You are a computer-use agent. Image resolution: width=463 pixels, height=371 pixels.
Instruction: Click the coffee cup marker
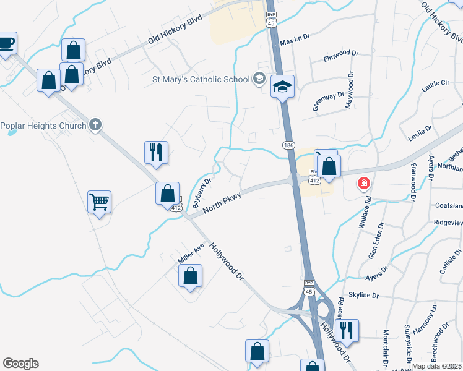(6, 43)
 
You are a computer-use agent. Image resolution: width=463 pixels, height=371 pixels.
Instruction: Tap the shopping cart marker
(99, 202)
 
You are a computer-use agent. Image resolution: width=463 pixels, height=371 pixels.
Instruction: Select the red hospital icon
(364, 184)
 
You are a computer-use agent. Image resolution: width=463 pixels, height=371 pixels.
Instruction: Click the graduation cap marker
(282, 87)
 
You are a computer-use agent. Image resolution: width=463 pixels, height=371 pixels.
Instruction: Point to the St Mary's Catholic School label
(201, 79)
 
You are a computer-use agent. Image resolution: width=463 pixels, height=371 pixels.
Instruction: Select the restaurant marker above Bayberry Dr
(156, 152)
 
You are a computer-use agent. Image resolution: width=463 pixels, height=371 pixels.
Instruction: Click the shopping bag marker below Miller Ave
(191, 276)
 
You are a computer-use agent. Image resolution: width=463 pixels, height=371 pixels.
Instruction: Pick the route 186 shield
(289, 144)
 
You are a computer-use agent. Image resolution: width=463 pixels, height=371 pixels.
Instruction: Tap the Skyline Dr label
(364, 296)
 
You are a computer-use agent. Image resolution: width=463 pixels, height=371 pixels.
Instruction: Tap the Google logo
(20, 364)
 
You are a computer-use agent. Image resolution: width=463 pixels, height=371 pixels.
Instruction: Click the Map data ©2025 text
(437, 366)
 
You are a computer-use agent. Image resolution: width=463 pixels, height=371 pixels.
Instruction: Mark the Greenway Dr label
(328, 101)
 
